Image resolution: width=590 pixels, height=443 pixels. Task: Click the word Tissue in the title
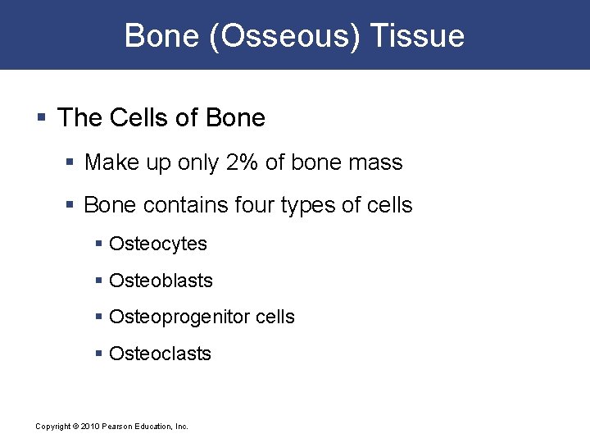click(x=417, y=36)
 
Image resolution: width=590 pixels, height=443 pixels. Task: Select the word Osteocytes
click(x=158, y=244)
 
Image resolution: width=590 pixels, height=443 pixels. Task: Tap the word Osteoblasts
click(x=161, y=281)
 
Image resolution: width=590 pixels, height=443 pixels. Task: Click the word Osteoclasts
click(x=160, y=354)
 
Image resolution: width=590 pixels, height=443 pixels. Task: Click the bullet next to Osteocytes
click(x=99, y=244)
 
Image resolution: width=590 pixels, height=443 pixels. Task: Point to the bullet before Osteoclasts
click(x=99, y=354)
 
